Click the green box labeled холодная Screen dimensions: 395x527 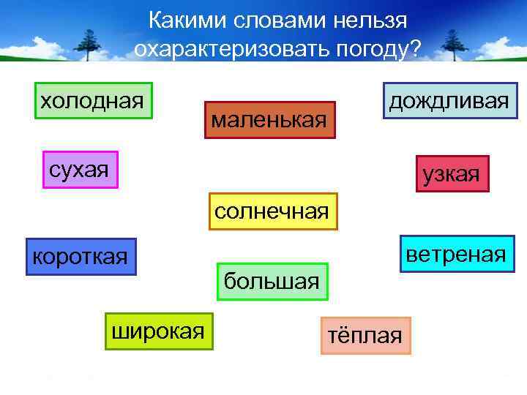click(x=92, y=100)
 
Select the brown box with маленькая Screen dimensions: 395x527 click(x=269, y=119)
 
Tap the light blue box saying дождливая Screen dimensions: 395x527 click(x=449, y=101)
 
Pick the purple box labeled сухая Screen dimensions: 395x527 click(x=80, y=170)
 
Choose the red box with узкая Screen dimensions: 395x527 click(x=451, y=175)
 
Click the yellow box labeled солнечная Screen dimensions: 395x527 click(x=273, y=211)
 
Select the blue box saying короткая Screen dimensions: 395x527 click(x=81, y=257)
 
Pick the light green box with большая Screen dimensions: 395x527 click(x=272, y=281)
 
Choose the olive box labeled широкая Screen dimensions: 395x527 click(x=158, y=331)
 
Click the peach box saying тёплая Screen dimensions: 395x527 click(x=365, y=336)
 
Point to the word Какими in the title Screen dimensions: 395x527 click(x=187, y=20)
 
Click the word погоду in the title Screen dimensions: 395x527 click(x=371, y=50)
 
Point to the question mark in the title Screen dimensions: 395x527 click(x=416, y=49)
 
